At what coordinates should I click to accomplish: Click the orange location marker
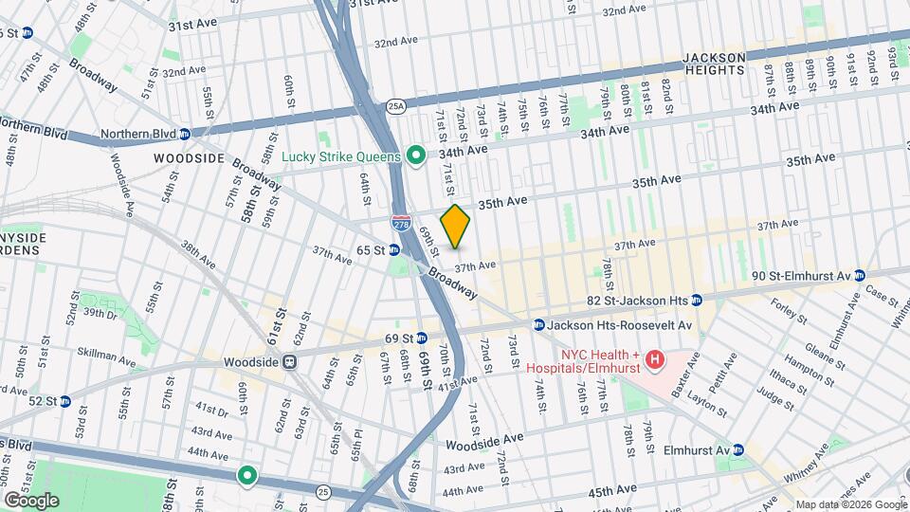pyautogui.click(x=456, y=227)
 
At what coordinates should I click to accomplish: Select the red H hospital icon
pyautogui.click(x=654, y=360)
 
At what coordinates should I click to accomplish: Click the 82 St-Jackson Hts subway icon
pyautogui.click(x=697, y=301)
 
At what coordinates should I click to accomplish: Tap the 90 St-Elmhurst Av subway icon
pyautogui.click(x=860, y=276)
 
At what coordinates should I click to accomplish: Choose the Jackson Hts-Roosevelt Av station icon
pyautogui.click(x=538, y=324)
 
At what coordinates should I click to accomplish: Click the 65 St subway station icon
pyautogui.click(x=392, y=250)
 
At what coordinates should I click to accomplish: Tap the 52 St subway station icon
pyautogui.click(x=64, y=401)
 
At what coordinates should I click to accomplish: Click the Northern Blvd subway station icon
pyautogui.click(x=185, y=134)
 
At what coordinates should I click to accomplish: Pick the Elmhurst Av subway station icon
pyautogui.click(x=737, y=450)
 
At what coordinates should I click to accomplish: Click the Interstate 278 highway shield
pyautogui.click(x=400, y=224)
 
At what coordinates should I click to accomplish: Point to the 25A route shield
pyautogui.click(x=396, y=107)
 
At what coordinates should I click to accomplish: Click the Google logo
pyautogui.click(x=31, y=500)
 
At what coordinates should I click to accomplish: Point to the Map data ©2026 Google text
pyautogui.click(x=849, y=504)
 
